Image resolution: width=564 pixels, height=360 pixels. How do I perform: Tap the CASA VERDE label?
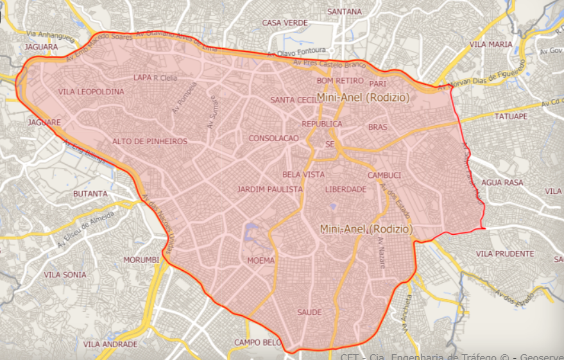pyautogui.click(x=285, y=22)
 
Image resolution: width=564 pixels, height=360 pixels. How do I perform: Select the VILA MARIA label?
pyautogui.click(x=491, y=44)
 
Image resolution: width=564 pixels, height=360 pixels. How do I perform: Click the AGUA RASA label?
pyautogui.click(x=502, y=182)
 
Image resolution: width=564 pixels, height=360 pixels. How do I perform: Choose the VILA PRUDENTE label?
pyautogui.click(x=505, y=254)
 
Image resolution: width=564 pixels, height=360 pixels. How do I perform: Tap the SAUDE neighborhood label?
pyautogui.click(x=309, y=313)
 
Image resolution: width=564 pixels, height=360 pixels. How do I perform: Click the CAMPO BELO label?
pyautogui.click(x=258, y=342)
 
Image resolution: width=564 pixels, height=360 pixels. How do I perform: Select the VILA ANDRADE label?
pyautogui.click(x=110, y=345)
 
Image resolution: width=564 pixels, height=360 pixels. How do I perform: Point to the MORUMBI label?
pyautogui.click(x=141, y=260)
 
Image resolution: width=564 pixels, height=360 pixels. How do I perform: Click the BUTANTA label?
pyautogui.click(x=90, y=193)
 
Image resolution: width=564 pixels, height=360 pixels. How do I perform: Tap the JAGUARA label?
pyautogui.click(x=40, y=47)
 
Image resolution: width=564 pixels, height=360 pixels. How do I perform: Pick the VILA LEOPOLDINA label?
pyautogui.click(x=91, y=92)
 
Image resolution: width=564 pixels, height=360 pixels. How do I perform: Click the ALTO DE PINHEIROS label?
pyautogui.click(x=150, y=141)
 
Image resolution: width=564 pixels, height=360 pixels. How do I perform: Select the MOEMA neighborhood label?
pyautogui.click(x=261, y=261)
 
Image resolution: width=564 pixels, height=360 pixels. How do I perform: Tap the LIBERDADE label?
pyautogui.click(x=345, y=189)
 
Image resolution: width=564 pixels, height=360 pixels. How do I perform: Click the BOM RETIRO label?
pyautogui.click(x=340, y=81)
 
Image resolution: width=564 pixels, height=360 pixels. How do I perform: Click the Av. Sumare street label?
pyautogui.click(x=212, y=113)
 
